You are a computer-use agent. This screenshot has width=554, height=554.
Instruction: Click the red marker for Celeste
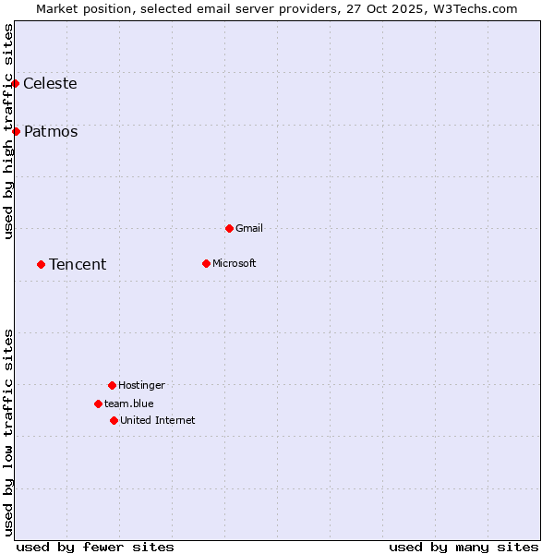tap(15, 83)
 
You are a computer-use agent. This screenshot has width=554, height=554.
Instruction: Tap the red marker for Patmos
tap(16, 131)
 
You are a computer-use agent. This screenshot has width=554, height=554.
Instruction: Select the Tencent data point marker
tap(41, 264)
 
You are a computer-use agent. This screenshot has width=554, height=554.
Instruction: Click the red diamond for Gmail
tap(229, 228)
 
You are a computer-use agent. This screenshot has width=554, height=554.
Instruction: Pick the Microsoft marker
tap(206, 263)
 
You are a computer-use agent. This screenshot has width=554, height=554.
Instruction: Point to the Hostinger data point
tap(112, 385)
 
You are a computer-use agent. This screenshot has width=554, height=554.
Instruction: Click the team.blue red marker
tap(98, 403)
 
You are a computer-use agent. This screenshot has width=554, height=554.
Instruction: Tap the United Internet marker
tap(114, 420)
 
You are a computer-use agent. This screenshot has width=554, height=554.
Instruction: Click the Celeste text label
tap(50, 83)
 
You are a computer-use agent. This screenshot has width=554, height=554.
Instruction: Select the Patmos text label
tap(51, 131)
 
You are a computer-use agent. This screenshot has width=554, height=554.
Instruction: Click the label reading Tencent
tap(78, 264)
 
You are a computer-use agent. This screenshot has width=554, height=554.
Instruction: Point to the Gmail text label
tap(249, 228)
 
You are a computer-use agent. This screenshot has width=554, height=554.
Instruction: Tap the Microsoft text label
tap(235, 263)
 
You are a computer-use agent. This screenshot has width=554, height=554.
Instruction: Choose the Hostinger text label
tap(141, 385)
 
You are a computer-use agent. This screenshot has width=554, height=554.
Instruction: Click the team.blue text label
tap(129, 403)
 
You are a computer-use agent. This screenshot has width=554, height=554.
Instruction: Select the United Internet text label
tap(158, 420)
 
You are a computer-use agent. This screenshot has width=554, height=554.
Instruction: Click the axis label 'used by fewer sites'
tap(95, 547)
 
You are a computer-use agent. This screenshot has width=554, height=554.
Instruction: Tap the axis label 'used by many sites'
tap(464, 547)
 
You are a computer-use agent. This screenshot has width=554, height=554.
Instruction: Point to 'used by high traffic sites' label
tap(8, 131)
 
